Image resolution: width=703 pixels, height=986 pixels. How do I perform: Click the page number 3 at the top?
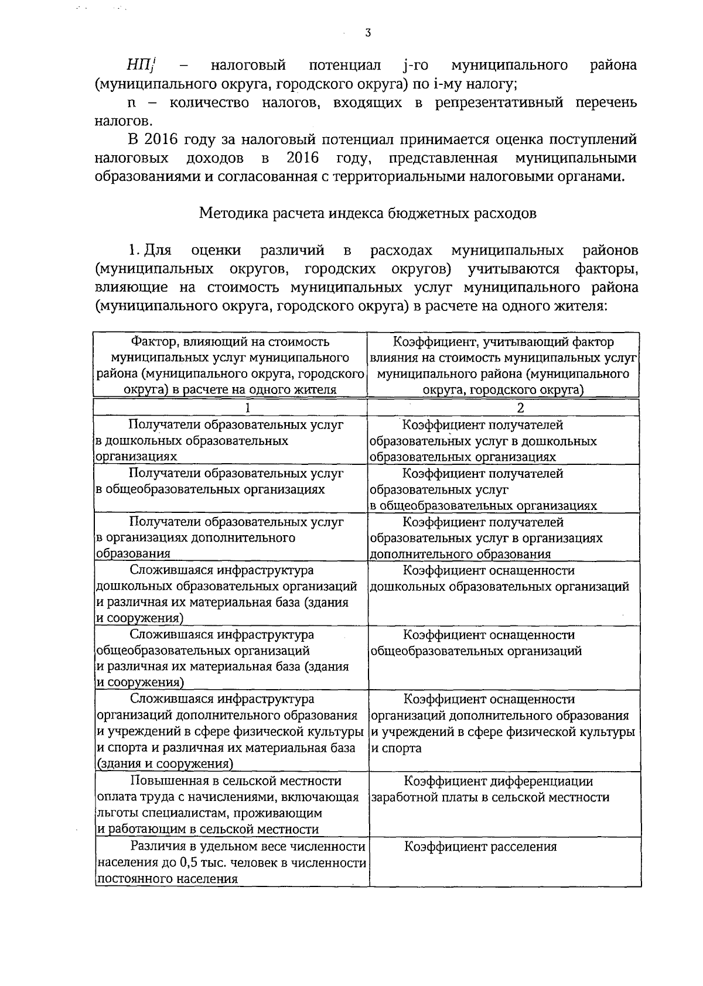367,33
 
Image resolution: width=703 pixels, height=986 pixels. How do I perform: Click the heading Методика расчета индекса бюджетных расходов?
368,213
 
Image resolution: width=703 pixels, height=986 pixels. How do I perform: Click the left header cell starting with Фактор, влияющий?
231,365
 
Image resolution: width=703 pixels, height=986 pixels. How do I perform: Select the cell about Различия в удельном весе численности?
231,862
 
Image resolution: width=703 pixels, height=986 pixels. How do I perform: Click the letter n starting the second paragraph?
132,104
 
